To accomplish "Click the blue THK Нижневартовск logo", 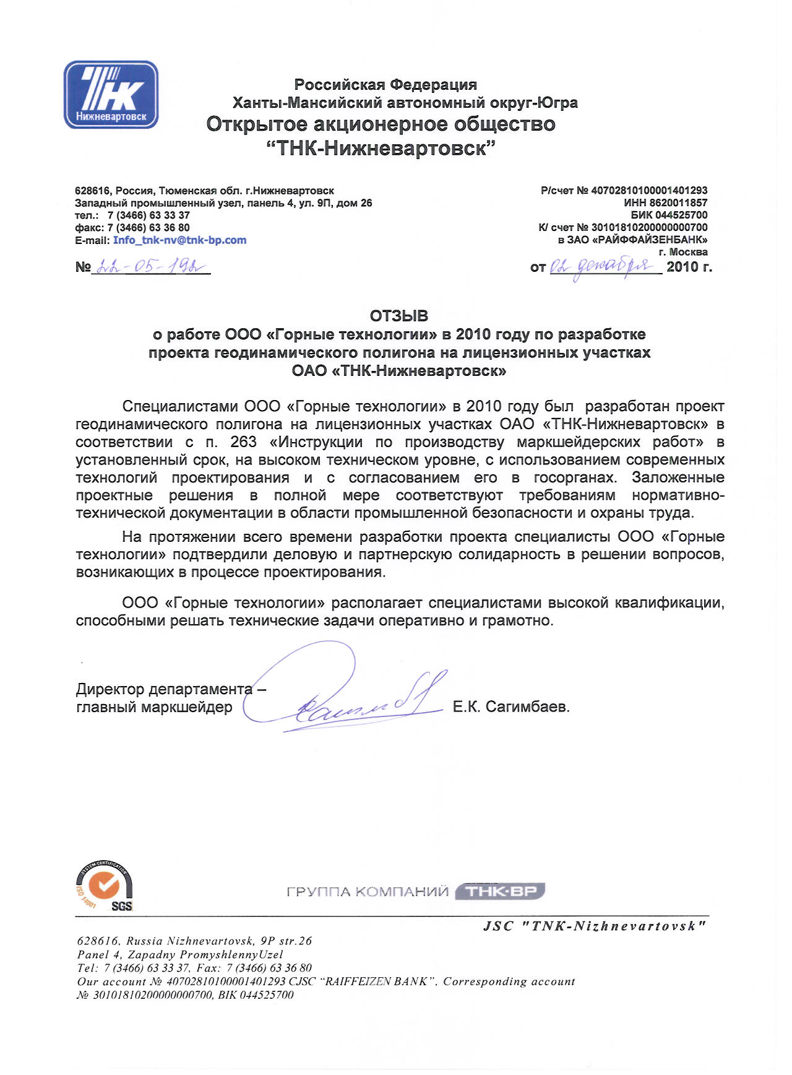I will pos(111,95).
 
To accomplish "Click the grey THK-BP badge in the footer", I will pos(500,891).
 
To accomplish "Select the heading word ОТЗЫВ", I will pos(399,316).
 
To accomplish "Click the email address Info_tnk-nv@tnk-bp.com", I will pos(179,240).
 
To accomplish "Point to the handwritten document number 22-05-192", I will pos(151,267).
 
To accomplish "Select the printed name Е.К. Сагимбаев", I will pos(510,707).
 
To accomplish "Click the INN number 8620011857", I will pos(678,202).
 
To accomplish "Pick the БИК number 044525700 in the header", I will pos(678,215).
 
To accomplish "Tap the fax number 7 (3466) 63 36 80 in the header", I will pos(148,228).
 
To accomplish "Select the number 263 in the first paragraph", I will pos(243,442).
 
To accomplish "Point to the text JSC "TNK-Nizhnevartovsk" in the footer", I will pos(594,926).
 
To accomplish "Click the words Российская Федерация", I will pos(385,84).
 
